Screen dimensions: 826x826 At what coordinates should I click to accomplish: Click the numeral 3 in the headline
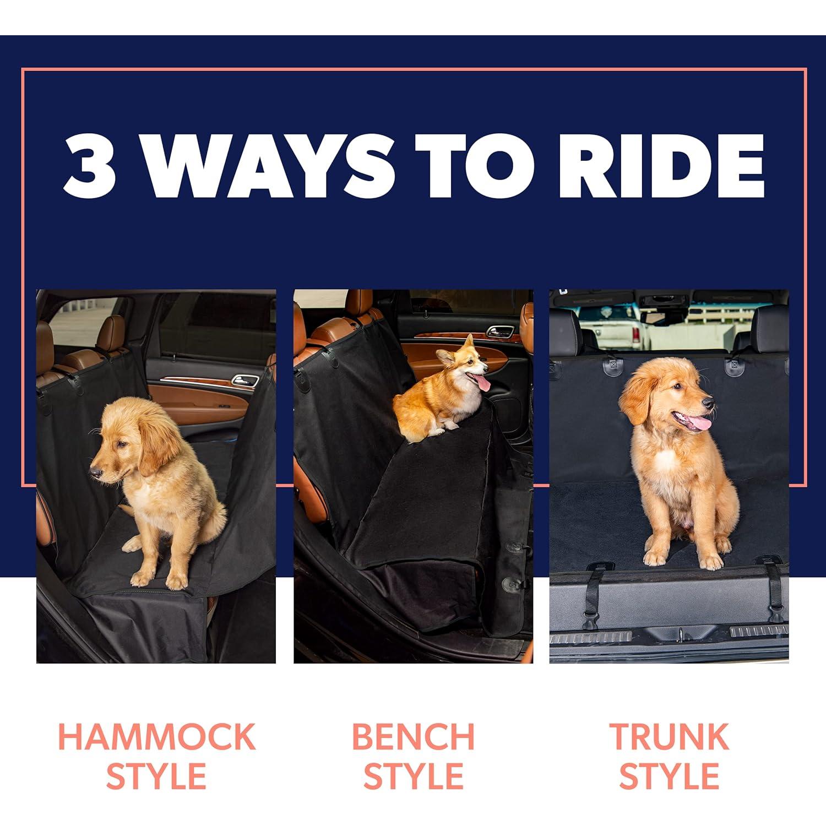[x=90, y=165]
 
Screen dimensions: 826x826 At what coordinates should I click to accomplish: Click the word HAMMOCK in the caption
[x=156, y=737]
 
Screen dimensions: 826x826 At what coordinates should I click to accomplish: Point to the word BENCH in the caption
[x=413, y=737]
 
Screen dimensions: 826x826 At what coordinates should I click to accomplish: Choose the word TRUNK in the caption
[x=669, y=737]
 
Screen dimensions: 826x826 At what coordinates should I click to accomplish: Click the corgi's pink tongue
[x=485, y=383]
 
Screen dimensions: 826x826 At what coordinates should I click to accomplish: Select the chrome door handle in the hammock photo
[x=244, y=380]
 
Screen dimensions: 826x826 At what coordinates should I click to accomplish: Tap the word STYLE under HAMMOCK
[x=156, y=776]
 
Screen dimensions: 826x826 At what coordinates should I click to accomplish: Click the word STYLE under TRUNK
[x=669, y=776]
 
